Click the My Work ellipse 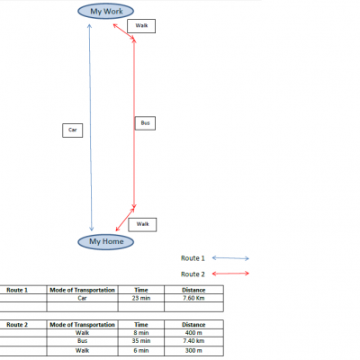coord(105,12)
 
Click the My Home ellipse coord(105,242)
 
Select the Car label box coord(73,130)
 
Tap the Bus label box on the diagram coord(145,123)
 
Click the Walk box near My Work coord(141,26)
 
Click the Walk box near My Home coord(142,225)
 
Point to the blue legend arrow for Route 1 coord(230,258)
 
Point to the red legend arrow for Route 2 coord(230,274)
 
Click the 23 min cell coord(141,298)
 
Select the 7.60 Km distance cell coord(193,298)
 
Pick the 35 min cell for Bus coord(141,341)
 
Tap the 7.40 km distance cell coord(193,341)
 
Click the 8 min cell coord(141,333)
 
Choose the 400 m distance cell coord(193,333)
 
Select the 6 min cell coord(141,351)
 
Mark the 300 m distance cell coord(193,351)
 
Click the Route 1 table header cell coord(17,290)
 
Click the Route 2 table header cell coord(17,325)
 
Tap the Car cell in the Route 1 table coord(83,298)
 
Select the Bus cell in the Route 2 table coord(83,341)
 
